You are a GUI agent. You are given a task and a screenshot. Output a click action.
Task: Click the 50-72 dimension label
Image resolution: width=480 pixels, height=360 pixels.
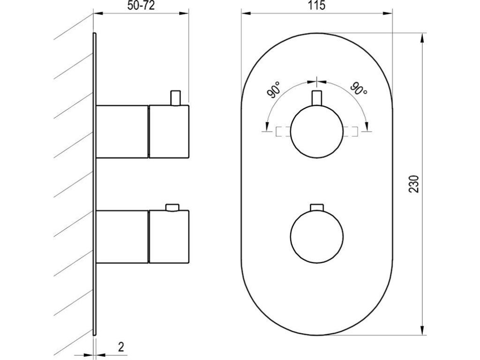[141, 6]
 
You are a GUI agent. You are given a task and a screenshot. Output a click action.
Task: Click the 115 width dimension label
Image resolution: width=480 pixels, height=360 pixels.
[316, 5]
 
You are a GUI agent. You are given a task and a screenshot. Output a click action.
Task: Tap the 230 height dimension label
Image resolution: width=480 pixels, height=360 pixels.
[413, 184]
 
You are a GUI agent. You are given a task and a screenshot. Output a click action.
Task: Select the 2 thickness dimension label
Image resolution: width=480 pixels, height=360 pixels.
[121, 347]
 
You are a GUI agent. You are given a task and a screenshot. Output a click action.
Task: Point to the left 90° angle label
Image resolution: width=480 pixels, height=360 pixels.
[274, 90]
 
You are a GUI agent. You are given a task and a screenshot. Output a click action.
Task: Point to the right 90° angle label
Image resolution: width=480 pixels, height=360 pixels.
[359, 89]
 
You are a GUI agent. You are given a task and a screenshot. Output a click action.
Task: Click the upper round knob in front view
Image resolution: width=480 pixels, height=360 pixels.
[317, 132]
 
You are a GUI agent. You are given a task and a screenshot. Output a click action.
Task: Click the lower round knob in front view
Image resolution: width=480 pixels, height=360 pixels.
[317, 236]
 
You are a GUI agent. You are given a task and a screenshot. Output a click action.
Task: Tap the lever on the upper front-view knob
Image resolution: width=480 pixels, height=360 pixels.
[317, 98]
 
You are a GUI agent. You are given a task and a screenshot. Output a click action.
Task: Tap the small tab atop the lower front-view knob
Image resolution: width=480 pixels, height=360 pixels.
[317, 207]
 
